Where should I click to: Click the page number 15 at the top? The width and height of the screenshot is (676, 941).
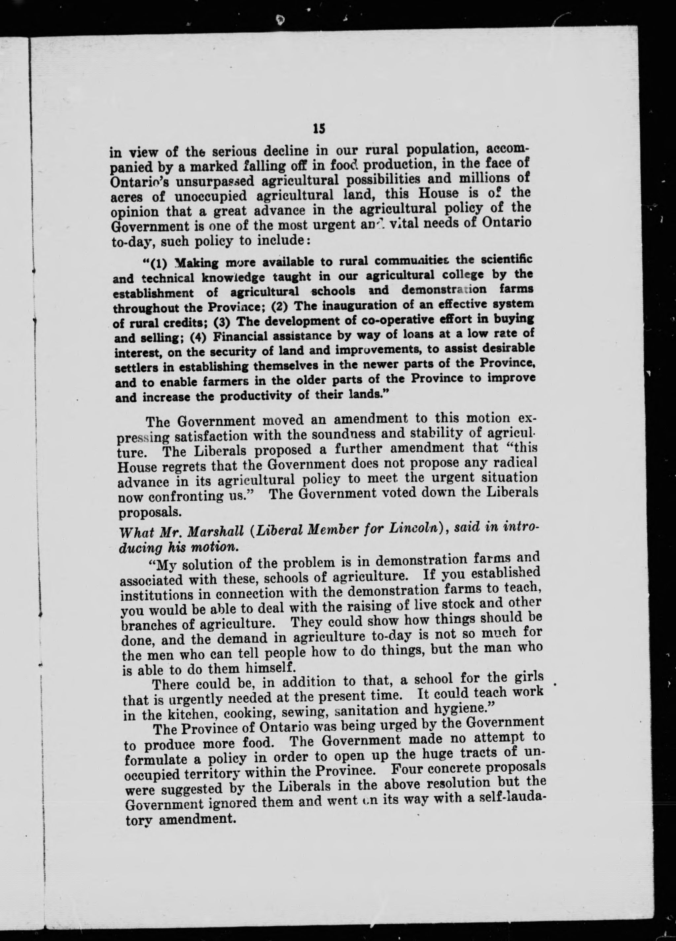319,129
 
